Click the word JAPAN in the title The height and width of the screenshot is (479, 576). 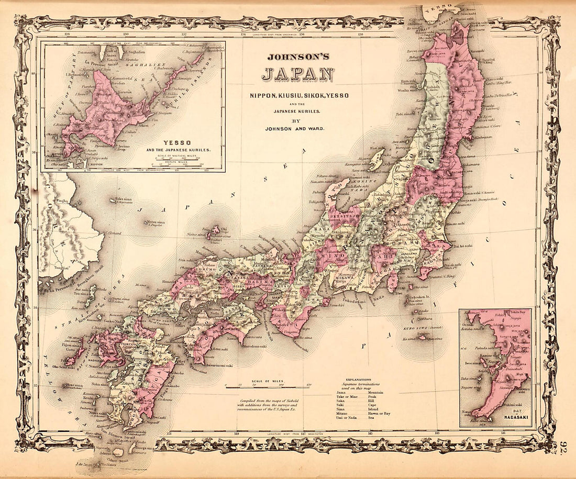[297, 75]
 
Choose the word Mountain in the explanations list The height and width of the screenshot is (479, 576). [376, 393]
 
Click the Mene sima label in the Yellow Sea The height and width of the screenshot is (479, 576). [76, 386]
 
